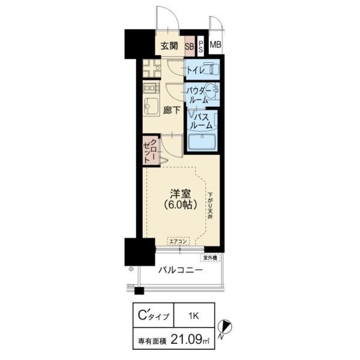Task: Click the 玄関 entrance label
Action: (x=170, y=45)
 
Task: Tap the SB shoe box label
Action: (x=189, y=46)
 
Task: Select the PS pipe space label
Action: (x=201, y=46)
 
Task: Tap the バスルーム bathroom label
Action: (x=201, y=121)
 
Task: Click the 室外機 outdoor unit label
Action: (x=210, y=257)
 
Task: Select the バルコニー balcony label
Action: (x=181, y=270)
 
